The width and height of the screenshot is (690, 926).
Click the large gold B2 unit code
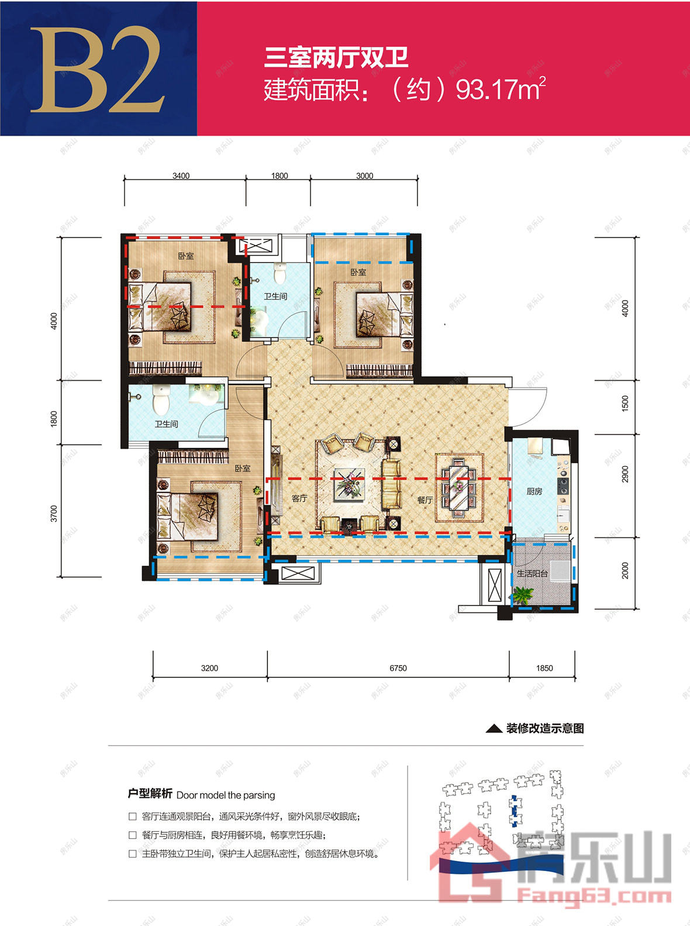point(98,70)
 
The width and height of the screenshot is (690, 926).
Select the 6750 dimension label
point(398,668)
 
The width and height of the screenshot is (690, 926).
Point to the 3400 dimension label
point(181,175)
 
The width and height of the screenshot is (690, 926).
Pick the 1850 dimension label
point(544,668)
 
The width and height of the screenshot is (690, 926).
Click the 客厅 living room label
point(299,498)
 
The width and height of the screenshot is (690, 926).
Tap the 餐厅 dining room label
point(425,500)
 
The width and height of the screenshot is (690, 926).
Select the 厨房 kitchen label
point(534,491)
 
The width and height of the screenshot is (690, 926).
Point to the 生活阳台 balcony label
point(532,573)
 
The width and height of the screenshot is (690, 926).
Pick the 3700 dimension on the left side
point(54,514)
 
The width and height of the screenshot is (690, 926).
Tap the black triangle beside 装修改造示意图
point(494,728)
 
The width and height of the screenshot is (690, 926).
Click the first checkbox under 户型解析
point(132,816)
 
